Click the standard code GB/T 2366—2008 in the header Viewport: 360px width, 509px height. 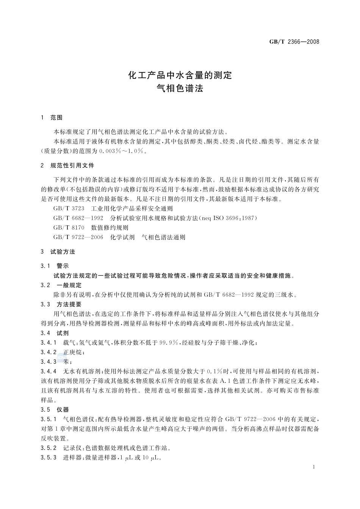coord(294,42)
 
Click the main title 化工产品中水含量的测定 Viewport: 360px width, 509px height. coord(180,75)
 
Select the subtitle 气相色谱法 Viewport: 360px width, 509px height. coord(180,89)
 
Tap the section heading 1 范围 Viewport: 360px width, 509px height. coord(52,117)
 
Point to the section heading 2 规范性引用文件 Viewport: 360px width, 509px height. coord(67,166)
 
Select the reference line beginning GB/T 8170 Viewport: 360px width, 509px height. coord(91,228)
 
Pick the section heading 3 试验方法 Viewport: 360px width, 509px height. coord(58,251)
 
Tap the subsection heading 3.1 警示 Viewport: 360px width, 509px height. coord(55,266)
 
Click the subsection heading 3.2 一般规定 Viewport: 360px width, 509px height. coord(61,285)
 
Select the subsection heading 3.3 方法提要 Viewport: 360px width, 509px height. coord(61,304)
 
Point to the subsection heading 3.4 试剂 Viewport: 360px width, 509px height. coord(55,333)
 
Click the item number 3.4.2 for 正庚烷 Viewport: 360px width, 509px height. coord(49,352)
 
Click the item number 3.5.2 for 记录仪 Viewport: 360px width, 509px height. coord(49,448)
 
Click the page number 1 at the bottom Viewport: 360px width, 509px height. coord(314,467)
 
